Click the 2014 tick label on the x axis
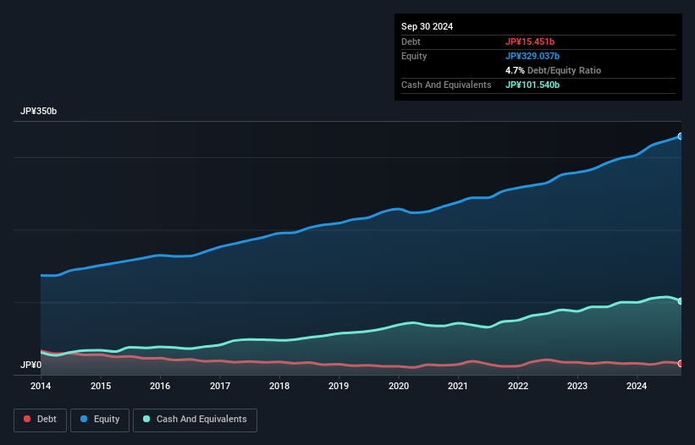[41, 387]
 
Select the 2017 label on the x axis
[220, 387]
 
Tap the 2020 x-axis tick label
[399, 387]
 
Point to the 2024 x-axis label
[637, 387]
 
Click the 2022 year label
[518, 387]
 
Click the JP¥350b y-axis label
[39, 112]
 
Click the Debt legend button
[39, 419]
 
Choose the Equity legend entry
[100, 419]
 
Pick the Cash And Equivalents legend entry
[195, 419]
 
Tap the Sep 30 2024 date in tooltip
[427, 26]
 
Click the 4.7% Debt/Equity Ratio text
[553, 70]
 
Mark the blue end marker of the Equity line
[681, 136]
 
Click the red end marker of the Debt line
[681, 364]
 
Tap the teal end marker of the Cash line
[681, 301]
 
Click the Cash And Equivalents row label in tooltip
[446, 85]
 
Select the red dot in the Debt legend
[27, 419]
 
